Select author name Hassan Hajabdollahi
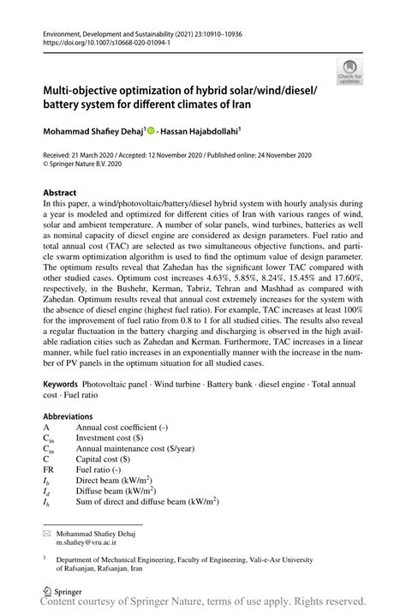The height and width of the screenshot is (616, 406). coord(206,131)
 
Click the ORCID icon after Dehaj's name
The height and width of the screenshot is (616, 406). coord(151,131)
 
